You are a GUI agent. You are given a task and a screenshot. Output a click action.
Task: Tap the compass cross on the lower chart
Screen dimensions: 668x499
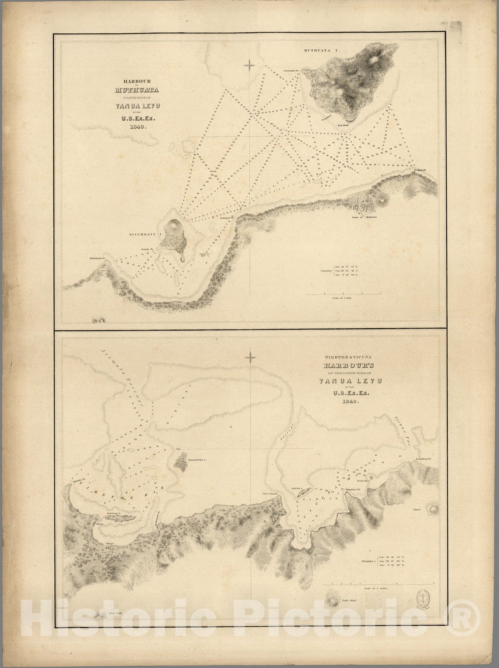[x=250, y=357]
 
